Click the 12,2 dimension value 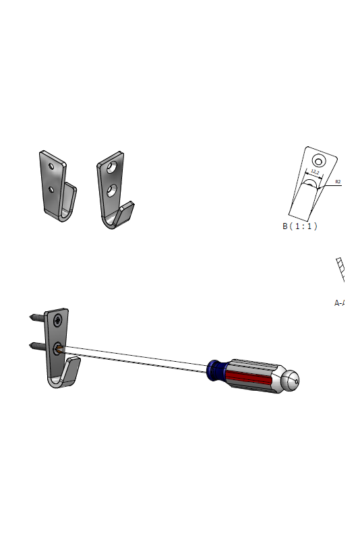pos(314,171)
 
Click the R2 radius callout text pos(338,181)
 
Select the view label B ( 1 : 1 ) pos(299,226)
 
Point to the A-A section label pos(340,303)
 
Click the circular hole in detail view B pos(318,160)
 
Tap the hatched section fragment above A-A pos(340,269)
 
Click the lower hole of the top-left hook pos(51,189)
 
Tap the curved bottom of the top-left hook pos(59,214)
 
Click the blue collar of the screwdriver pos(215,369)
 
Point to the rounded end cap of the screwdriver pos(291,381)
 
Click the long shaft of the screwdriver pos(135,356)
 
